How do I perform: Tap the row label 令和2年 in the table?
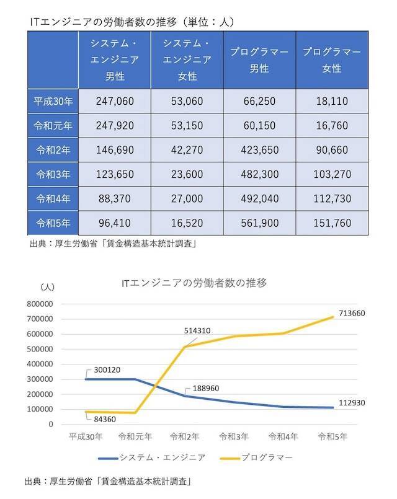[53, 149]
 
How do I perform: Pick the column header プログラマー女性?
[332, 61]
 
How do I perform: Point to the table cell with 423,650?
[259, 149]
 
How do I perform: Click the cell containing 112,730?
[332, 198]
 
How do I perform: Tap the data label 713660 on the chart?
[352, 314]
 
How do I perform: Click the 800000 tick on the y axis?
[40, 304]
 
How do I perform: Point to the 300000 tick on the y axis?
[40, 379]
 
